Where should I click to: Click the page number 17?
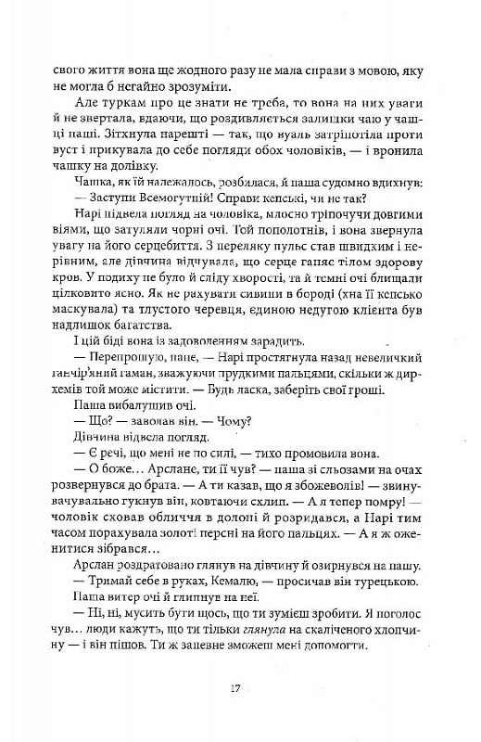pos(240,687)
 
